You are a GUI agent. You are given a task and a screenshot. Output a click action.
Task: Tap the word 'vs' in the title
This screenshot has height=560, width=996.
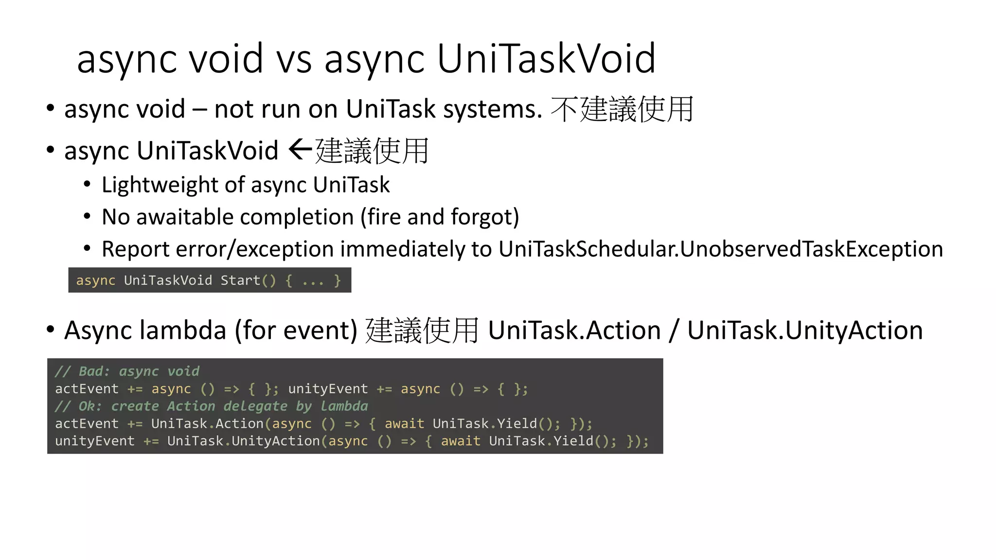(x=294, y=59)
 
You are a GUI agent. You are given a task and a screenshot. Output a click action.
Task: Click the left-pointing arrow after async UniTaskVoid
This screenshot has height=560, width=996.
(x=300, y=149)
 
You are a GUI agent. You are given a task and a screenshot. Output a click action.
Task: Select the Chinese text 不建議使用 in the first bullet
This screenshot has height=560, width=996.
(x=622, y=109)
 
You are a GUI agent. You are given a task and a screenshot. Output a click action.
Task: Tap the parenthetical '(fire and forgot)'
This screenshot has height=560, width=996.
(x=440, y=217)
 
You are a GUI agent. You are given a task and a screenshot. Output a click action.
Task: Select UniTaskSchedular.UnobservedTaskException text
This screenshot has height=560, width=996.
(x=721, y=249)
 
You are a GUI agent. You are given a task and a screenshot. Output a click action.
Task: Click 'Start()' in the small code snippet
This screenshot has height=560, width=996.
(x=248, y=280)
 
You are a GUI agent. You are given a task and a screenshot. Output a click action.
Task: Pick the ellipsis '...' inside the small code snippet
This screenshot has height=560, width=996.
(x=312, y=281)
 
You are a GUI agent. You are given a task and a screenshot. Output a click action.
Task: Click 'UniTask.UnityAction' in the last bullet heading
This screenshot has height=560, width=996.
(x=805, y=331)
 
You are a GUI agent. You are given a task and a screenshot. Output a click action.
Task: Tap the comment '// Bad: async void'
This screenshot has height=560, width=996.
(x=127, y=371)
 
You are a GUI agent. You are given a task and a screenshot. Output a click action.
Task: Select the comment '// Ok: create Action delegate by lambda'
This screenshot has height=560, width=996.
(x=211, y=406)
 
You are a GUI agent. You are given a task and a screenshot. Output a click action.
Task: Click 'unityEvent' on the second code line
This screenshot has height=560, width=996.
(x=328, y=389)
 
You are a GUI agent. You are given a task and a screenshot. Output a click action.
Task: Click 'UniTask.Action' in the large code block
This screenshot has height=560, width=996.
(x=207, y=423)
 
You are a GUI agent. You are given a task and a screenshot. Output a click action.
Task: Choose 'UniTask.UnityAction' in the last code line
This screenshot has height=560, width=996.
(x=244, y=441)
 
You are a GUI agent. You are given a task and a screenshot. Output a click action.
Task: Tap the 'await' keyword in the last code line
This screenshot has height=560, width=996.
(x=460, y=441)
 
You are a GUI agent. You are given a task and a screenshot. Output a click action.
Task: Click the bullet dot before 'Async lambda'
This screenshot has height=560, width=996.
(x=51, y=329)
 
